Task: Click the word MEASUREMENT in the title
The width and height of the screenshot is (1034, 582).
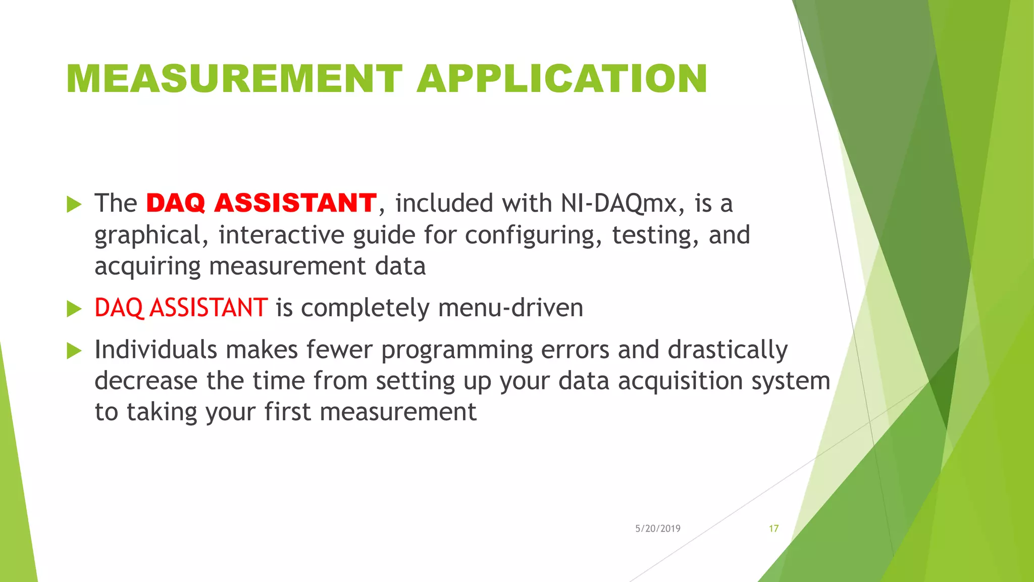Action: [x=234, y=79]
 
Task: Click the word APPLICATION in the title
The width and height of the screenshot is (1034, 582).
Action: [x=561, y=79]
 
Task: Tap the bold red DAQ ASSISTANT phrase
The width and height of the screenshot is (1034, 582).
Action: [x=261, y=203]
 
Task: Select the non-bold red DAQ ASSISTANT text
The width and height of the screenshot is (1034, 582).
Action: [x=181, y=308]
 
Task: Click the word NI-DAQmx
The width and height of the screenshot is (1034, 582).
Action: [x=619, y=203]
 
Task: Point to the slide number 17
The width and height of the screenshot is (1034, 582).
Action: [x=773, y=528]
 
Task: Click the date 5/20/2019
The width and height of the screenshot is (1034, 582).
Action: [x=657, y=528]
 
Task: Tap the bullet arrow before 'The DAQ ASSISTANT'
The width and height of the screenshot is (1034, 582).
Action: [x=74, y=205]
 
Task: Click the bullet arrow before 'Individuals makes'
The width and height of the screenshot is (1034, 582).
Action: [x=74, y=351]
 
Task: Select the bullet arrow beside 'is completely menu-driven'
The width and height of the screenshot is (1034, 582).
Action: [x=74, y=309]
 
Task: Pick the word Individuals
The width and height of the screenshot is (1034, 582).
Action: [x=156, y=350]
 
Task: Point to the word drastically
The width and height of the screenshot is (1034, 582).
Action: [x=728, y=350]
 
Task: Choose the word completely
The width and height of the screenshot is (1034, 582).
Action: [x=365, y=308]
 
